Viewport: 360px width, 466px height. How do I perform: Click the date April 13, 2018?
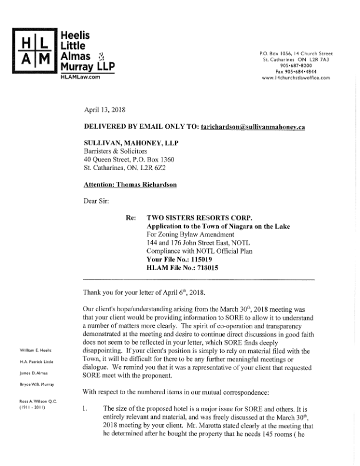[104, 109]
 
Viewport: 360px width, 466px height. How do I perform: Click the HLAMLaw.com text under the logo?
[81, 77]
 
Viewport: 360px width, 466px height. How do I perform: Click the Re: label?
[132, 217]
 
